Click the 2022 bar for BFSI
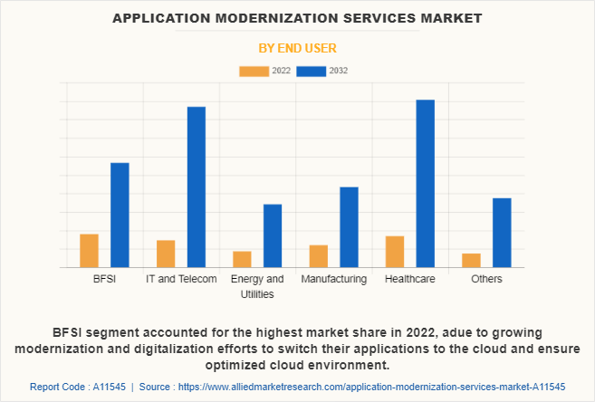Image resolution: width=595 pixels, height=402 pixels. click(89, 251)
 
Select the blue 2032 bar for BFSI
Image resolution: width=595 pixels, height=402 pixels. click(120, 215)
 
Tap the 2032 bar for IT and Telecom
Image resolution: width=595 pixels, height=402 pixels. click(197, 187)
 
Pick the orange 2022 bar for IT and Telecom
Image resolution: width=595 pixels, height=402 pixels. click(166, 254)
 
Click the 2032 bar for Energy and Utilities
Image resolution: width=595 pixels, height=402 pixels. click(273, 236)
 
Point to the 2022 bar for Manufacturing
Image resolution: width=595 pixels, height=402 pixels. click(319, 256)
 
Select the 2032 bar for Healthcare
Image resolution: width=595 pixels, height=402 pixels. click(426, 184)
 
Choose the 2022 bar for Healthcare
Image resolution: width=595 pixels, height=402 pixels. click(395, 252)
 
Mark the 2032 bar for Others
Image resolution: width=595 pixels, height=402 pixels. click(502, 233)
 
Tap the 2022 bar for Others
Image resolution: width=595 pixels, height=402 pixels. click(471, 261)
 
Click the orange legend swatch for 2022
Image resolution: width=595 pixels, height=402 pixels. click(254, 72)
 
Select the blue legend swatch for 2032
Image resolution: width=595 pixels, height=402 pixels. click(312, 72)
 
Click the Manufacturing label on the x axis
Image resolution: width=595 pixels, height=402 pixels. click(334, 279)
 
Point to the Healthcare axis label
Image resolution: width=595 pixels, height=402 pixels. click(410, 279)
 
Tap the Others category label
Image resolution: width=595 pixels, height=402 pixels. click(486, 279)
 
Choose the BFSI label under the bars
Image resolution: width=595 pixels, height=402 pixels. click(104, 279)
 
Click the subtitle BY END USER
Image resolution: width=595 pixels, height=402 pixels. click(297, 48)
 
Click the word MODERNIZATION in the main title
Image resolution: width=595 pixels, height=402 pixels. click(277, 18)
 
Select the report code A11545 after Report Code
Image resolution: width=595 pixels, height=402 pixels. click(110, 387)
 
